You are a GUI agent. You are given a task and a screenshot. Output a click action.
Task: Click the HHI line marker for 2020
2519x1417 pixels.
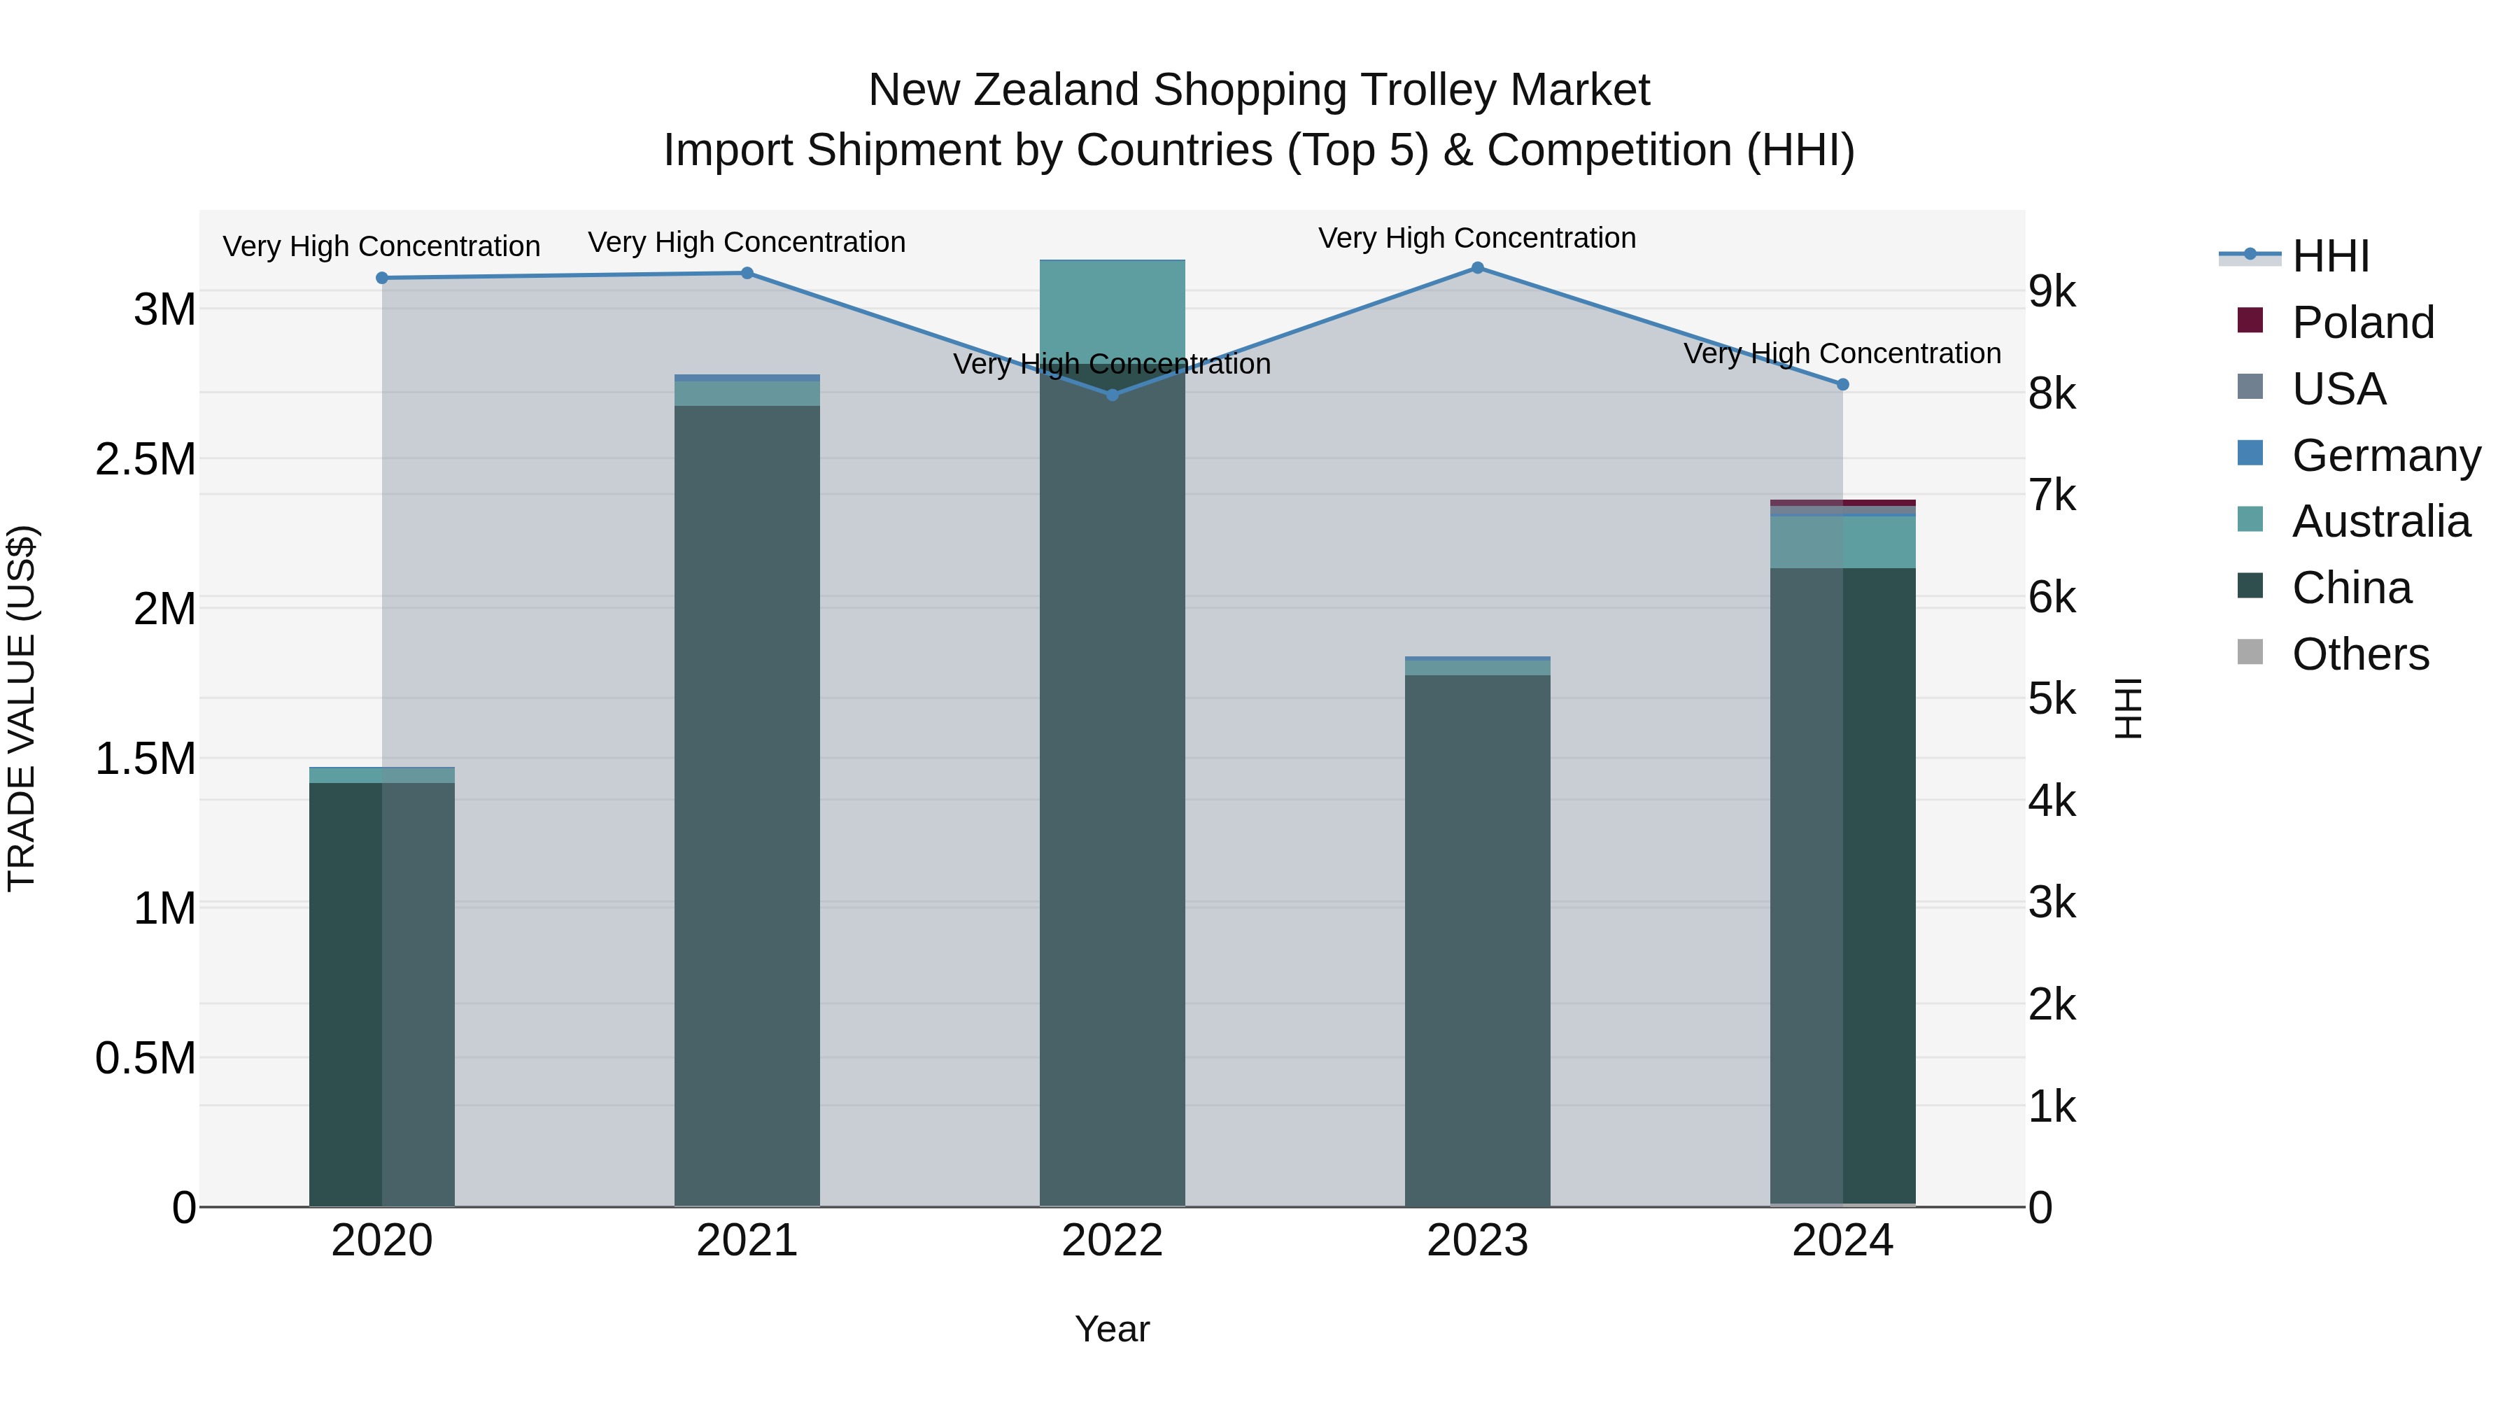click(381, 278)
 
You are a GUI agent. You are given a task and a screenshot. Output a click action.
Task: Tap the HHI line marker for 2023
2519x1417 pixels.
click(1478, 268)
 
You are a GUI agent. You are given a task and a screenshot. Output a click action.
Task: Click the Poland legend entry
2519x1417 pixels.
click(2362, 323)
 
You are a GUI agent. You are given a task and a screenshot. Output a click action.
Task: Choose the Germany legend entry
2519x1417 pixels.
click(2385, 456)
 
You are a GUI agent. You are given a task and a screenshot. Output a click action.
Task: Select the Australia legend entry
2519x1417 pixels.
click(2380, 521)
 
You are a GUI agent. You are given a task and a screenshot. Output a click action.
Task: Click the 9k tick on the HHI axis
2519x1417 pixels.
click(2052, 291)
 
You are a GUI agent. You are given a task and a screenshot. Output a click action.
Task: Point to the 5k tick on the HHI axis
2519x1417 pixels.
click(2052, 699)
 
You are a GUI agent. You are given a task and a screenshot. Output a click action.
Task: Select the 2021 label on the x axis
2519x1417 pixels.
click(747, 1241)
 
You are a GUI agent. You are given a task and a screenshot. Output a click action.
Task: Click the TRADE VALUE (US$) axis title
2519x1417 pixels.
click(22, 708)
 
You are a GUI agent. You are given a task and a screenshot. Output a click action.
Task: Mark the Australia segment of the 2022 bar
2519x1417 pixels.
click(1112, 308)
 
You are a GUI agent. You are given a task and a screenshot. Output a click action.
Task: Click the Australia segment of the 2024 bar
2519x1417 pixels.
click(1843, 542)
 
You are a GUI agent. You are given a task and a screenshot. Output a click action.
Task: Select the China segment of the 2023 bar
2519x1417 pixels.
click(1478, 939)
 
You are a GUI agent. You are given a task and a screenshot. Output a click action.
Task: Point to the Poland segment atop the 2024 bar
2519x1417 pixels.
click(1843, 502)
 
